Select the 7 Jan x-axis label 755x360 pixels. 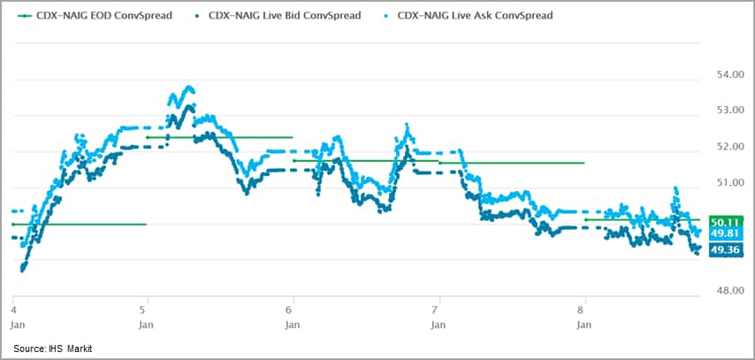click(x=437, y=317)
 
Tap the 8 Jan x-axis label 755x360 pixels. click(x=583, y=317)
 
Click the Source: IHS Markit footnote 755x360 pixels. click(x=52, y=349)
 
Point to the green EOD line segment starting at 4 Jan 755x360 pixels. click(x=80, y=225)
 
